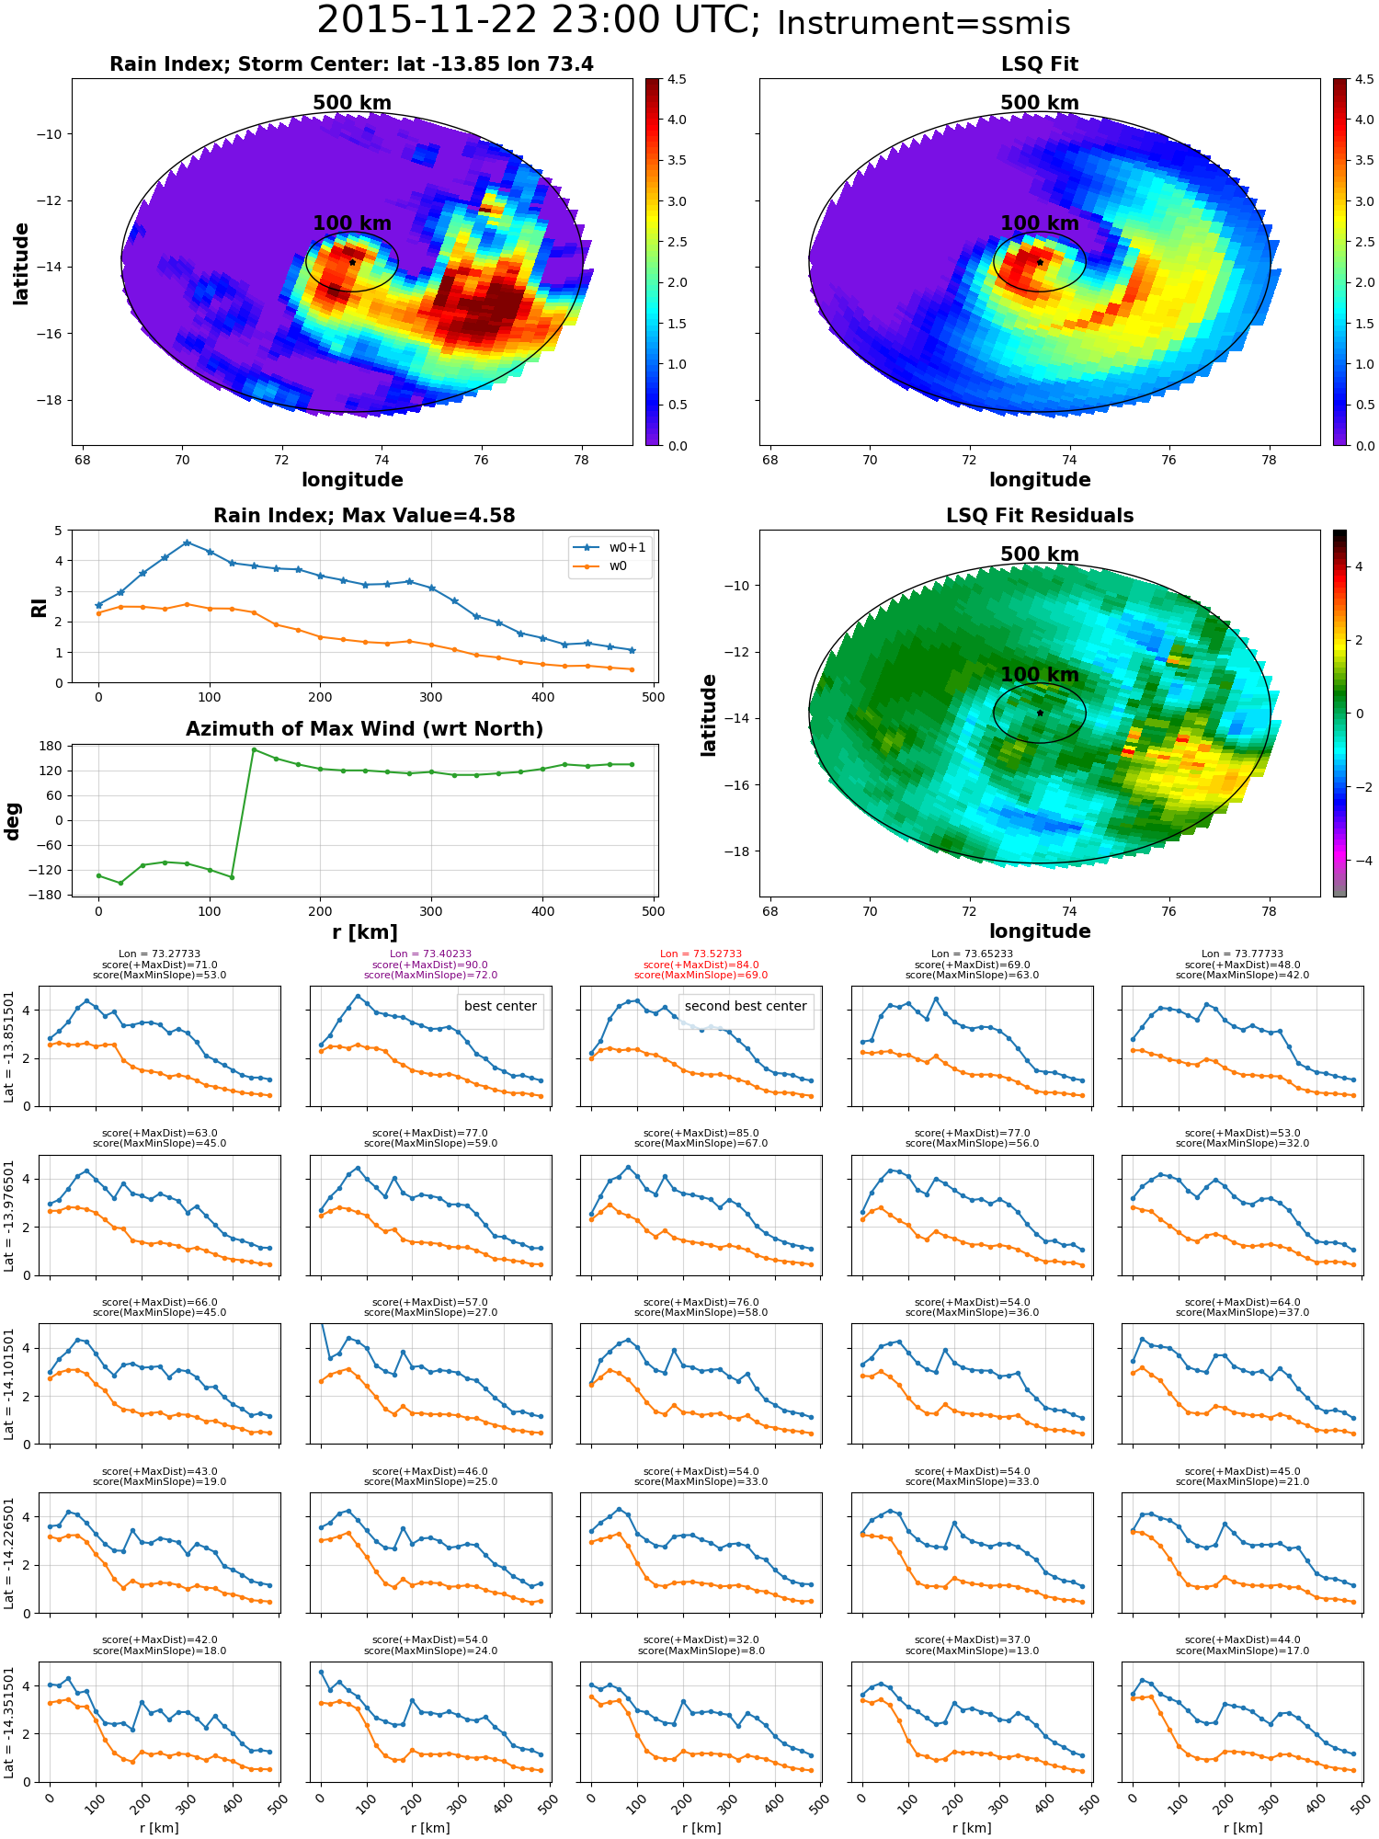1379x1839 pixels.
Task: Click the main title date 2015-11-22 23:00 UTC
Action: pos(539,20)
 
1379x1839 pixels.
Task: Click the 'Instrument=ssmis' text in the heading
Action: pos(924,23)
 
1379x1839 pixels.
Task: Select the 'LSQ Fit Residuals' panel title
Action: pos(1040,516)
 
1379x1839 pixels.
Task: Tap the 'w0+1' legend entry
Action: pos(610,547)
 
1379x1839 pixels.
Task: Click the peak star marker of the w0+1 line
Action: pos(187,543)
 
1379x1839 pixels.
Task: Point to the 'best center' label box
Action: pos(500,1006)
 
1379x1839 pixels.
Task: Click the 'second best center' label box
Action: pos(746,1006)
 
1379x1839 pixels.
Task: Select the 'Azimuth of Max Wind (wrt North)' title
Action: pos(364,729)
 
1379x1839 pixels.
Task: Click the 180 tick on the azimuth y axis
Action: pos(51,746)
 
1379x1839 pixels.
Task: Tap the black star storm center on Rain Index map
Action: pos(352,262)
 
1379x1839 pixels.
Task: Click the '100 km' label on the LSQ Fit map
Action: pos(1040,223)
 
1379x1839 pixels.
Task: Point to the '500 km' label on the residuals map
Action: pos(1040,554)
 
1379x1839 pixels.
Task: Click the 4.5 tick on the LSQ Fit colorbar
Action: pos(1366,79)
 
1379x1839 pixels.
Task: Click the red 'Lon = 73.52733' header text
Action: pos(701,954)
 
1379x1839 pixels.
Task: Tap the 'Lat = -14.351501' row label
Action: pos(9,1722)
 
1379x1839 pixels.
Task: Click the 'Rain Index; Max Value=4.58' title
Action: pos(364,516)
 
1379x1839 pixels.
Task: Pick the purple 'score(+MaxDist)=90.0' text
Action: pos(430,965)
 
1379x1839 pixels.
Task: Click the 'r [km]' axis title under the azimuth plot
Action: pos(364,932)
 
